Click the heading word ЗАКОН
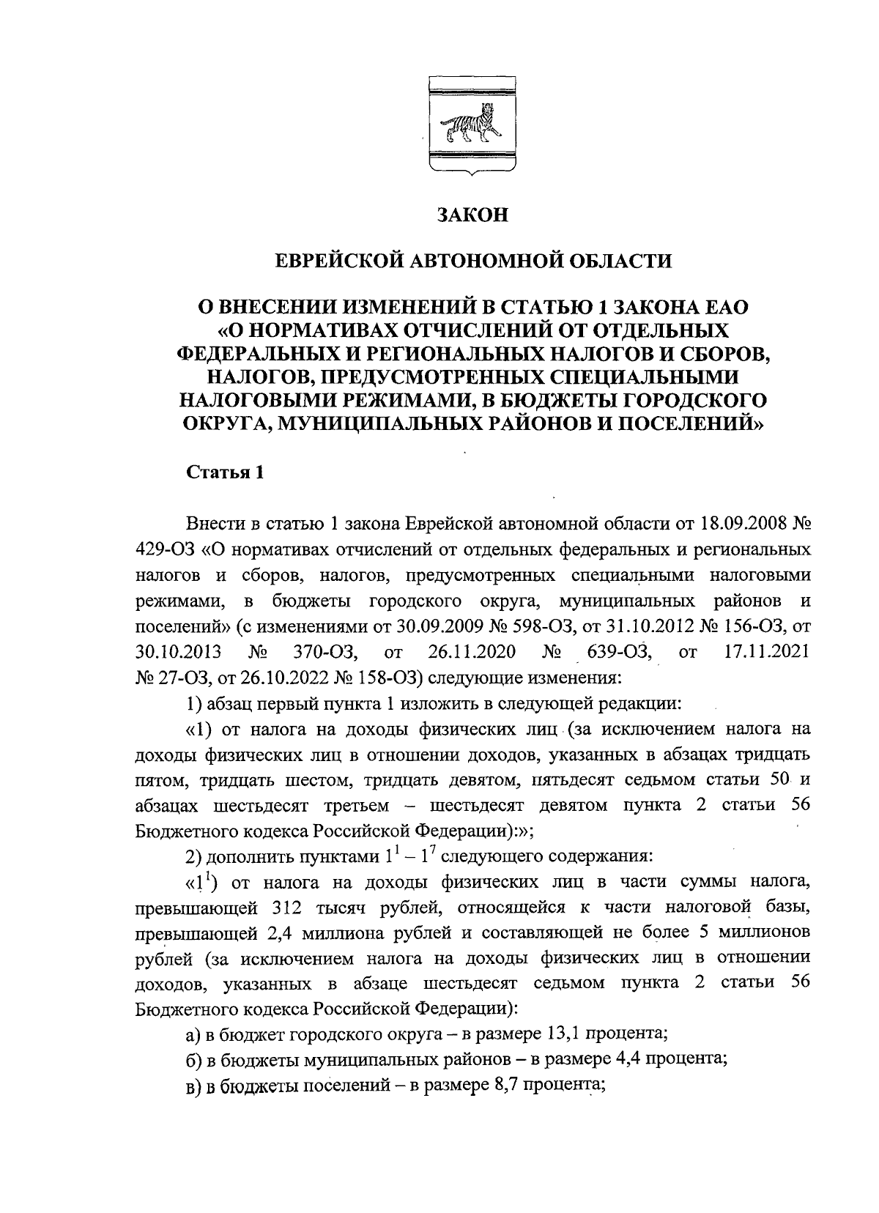pos(472,215)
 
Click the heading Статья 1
pos(223,472)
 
